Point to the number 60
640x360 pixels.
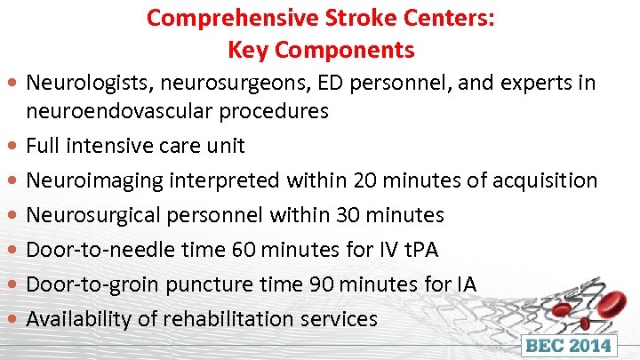pos(244,250)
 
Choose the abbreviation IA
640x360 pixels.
pos(465,284)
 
